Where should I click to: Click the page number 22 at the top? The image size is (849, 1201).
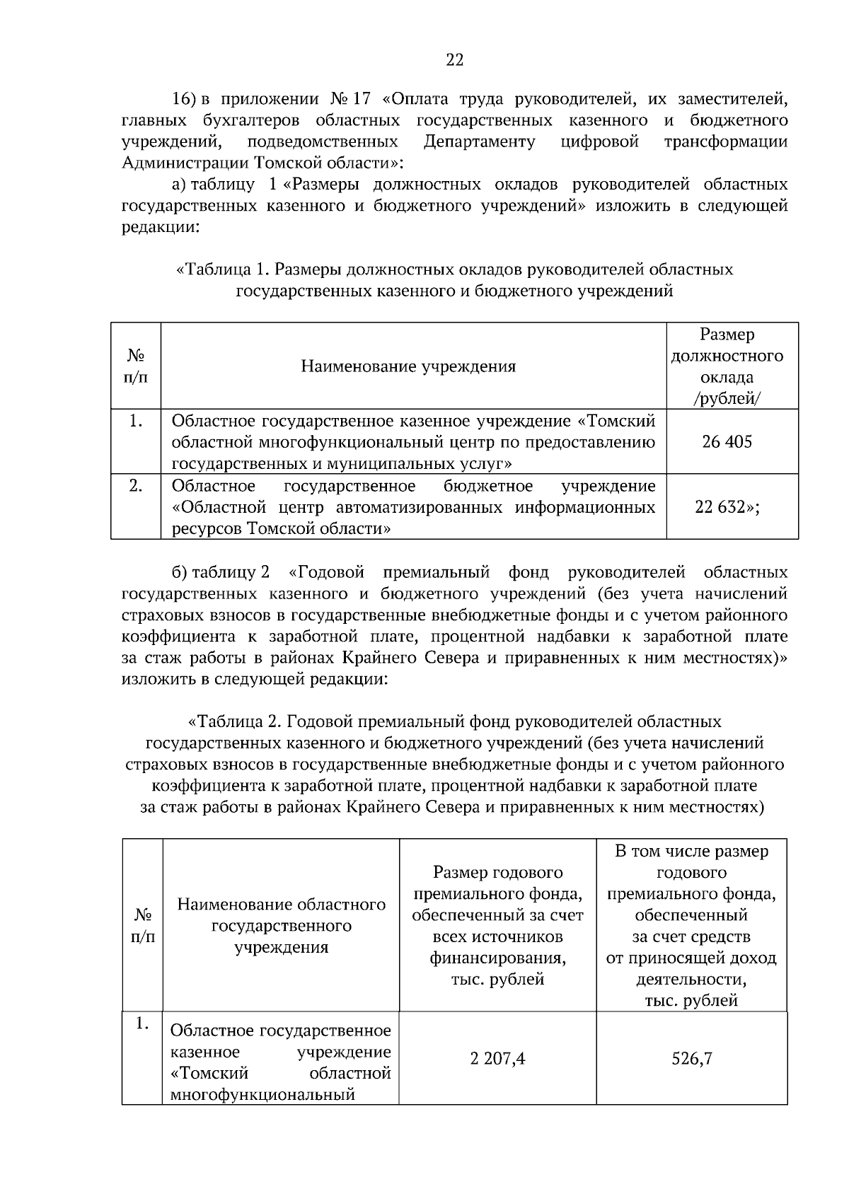(454, 60)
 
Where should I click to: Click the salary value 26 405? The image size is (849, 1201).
(727, 442)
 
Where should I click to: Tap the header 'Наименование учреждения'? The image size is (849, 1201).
(408, 366)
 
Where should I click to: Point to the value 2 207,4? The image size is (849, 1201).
(497, 1059)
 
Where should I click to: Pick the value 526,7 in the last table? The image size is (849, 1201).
(691, 1059)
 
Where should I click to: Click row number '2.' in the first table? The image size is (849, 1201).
(136, 486)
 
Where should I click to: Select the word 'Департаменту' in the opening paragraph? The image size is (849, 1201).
(479, 141)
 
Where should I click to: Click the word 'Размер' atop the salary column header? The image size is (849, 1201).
(727, 334)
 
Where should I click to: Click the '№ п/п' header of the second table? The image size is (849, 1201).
(142, 925)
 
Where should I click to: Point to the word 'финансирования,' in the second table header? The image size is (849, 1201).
(497, 958)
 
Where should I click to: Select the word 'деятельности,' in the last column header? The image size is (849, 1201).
(691, 980)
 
